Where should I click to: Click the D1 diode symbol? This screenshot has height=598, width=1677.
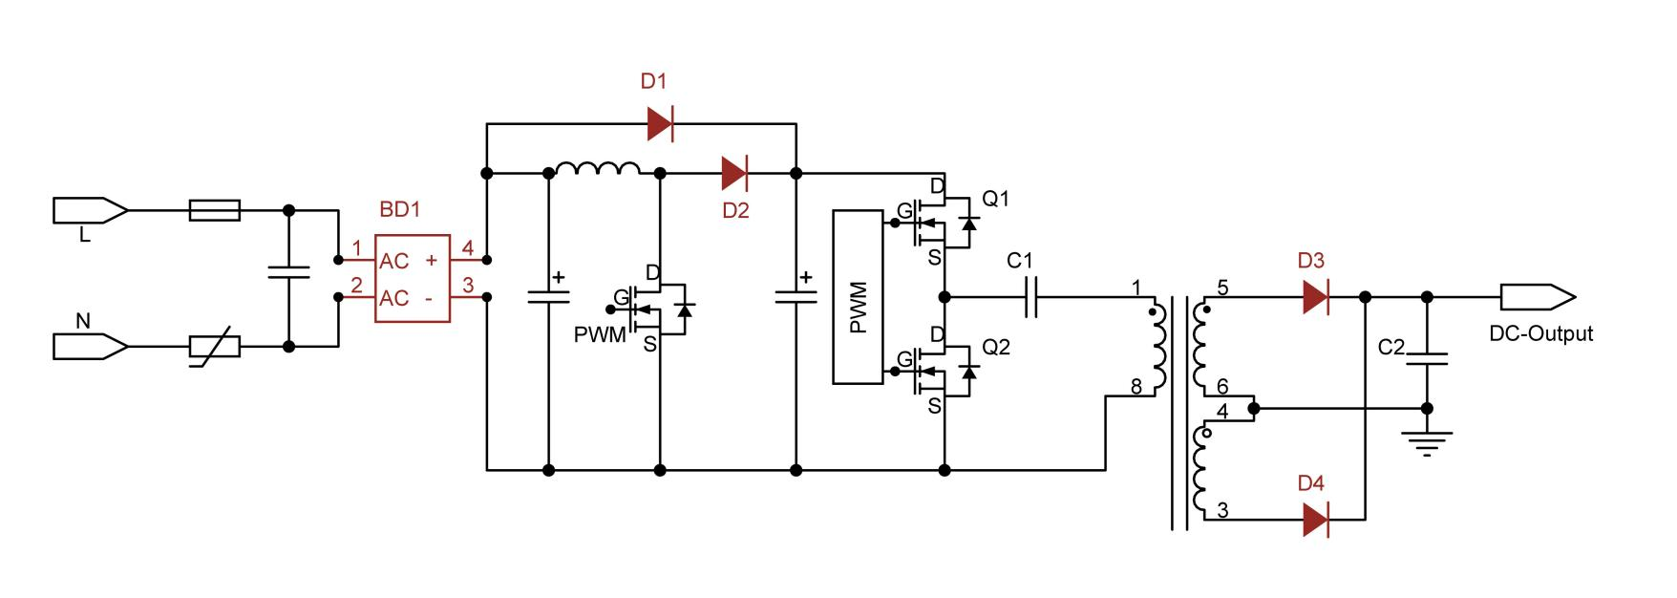click(660, 123)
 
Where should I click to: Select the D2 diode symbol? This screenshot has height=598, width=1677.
click(734, 173)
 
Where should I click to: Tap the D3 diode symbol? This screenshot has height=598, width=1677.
click(1315, 297)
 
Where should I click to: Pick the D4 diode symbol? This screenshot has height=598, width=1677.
click(1315, 520)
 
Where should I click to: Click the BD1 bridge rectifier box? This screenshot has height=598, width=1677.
click(412, 279)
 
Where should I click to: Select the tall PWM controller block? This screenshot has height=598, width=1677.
click(858, 297)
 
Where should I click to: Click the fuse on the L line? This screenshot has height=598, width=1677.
click(215, 210)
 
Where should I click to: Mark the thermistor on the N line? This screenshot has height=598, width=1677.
click(215, 346)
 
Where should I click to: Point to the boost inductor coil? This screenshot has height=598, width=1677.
click(598, 169)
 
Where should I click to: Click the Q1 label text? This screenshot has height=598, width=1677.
click(996, 199)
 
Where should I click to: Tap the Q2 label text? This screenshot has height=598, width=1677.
click(996, 347)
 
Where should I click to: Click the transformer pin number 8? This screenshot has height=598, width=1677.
click(1136, 387)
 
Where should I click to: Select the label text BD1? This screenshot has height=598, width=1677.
click(399, 209)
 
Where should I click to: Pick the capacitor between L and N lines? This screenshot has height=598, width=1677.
click(289, 272)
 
